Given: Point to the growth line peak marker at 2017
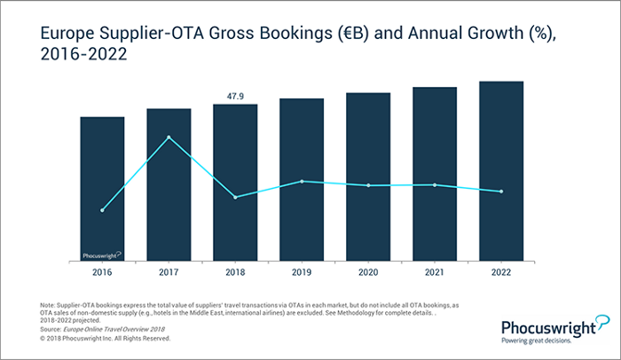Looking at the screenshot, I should [169, 137].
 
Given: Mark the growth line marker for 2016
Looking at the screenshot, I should [102, 210].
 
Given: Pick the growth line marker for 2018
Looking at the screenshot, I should [235, 197].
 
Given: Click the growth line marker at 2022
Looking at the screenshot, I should [501, 192].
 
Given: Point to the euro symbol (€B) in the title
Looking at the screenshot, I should [356, 34].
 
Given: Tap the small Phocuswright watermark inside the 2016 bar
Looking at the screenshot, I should [102, 254].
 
